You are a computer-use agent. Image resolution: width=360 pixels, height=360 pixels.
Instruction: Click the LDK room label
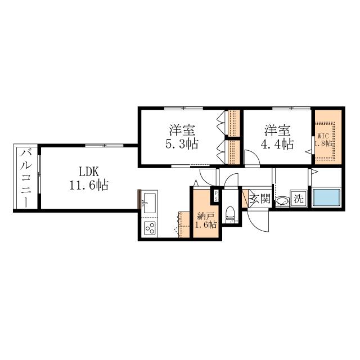point(89,172)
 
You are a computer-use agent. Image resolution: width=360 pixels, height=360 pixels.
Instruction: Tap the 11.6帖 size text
point(89,185)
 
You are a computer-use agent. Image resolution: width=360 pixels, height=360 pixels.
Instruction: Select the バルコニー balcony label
point(26,178)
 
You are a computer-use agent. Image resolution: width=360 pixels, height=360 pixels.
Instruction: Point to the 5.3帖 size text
point(182,144)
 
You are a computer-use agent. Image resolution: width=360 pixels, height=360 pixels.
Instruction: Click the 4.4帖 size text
point(277,144)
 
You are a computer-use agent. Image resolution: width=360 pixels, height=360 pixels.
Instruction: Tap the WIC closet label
point(323,136)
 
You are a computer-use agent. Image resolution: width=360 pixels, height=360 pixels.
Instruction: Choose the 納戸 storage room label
point(206,216)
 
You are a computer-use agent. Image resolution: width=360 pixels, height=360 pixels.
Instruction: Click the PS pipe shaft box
point(216,196)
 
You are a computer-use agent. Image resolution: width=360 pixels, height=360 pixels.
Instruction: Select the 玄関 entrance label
point(260,198)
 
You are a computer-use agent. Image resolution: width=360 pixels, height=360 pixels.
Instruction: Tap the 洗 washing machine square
point(299,198)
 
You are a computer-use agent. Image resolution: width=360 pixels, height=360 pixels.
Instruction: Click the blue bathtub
point(327,197)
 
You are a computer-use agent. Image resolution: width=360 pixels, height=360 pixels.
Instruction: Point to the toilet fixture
point(230,213)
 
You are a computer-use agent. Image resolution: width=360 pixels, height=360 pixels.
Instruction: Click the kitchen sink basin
point(149,202)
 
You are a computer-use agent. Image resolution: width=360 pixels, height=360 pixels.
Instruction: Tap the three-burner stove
point(150,228)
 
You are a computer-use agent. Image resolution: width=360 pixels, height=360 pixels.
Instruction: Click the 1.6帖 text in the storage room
point(206,224)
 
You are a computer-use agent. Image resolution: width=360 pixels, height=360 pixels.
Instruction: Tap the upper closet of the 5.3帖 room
point(234,123)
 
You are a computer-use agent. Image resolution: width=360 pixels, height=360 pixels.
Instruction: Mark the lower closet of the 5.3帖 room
point(234,152)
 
